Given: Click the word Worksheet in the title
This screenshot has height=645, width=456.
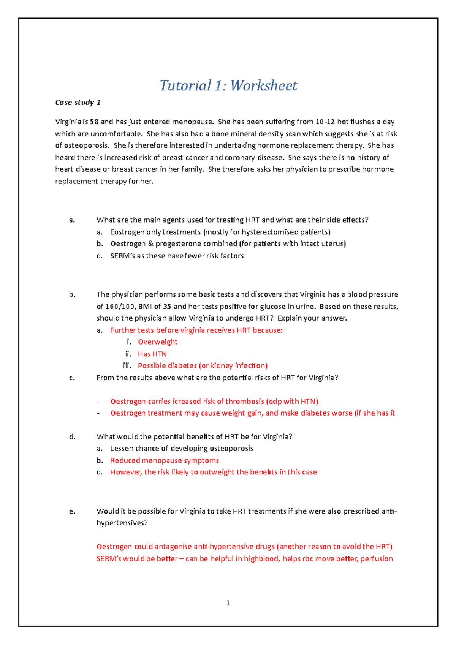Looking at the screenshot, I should [x=264, y=85].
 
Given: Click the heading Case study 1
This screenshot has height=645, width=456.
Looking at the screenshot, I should [x=78, y=103].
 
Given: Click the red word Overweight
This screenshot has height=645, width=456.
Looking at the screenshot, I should [x=157, y=342].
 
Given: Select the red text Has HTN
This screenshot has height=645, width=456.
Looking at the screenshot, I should [x=152, y=354].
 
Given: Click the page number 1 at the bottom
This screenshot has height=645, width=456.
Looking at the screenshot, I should [x=228, y=603].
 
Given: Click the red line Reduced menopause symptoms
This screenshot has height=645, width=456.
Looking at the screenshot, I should [x=165, y=460].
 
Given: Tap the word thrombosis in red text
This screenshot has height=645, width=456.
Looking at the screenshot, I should [x=245, y=402].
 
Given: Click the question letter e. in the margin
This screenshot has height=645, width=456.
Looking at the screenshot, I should [x=72, y=511].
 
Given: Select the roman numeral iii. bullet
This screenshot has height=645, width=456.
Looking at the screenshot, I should [x=127, y=366].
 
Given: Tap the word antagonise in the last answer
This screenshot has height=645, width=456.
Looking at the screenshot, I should [x=173, y=547].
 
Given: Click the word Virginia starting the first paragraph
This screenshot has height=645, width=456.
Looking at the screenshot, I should [x=68, y=122].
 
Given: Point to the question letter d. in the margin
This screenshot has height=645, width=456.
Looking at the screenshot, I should [x=72, y=437].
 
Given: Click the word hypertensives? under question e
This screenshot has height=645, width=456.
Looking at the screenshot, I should [x=122, y=523].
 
